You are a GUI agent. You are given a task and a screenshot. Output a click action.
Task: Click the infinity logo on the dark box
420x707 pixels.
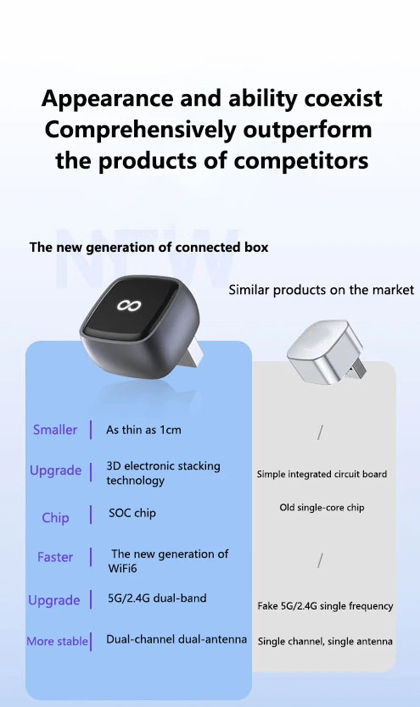(129, 305)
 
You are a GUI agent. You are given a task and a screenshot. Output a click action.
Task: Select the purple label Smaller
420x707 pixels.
(55, 430)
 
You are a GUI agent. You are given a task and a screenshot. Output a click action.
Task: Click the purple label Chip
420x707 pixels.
(55, 518)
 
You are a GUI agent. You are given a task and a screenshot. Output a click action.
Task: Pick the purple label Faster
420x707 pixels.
(55, 557)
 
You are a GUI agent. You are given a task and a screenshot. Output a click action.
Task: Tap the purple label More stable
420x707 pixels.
(57, 641)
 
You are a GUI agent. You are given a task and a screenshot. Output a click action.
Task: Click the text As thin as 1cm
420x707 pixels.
(143, 430)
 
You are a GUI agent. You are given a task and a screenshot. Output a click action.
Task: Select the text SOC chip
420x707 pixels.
(132, 513)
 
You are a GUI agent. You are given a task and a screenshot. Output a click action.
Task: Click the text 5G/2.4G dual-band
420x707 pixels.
(157, 598)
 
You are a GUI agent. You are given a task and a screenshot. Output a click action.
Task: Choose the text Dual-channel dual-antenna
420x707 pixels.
(176, 639)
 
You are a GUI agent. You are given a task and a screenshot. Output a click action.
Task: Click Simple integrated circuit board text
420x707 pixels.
(322, 474)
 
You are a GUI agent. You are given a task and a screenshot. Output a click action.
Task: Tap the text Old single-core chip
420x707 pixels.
(322, 508)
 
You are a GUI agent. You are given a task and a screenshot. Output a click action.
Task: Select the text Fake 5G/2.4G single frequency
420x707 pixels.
(325, 606)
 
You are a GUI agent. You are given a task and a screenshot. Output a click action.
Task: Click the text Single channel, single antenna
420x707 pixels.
(325, 641)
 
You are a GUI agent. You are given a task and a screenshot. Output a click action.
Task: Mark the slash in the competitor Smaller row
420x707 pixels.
(320, 432)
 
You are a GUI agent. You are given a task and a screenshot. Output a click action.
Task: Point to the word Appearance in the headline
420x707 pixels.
(107, 99)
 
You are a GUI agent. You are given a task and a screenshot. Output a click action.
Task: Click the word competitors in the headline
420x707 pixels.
(301, 160)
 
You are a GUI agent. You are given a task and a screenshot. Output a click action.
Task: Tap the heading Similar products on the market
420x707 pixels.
(321, 290)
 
